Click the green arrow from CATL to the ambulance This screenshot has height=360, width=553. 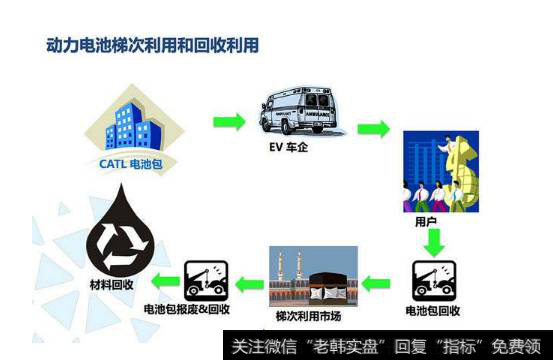pos(229,122)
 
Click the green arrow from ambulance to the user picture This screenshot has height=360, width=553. pos(372,129)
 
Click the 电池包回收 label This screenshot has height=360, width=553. pos(434,311)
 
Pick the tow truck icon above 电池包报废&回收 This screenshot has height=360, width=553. pos(206,281)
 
